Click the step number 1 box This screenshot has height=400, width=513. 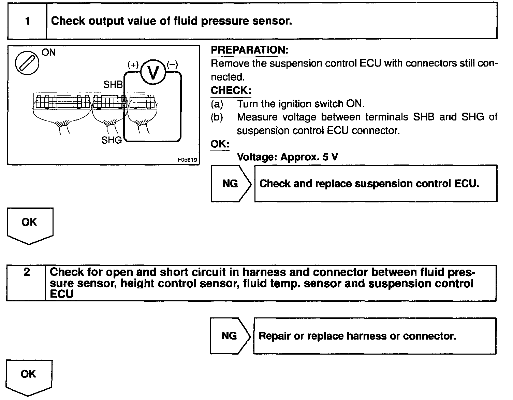[27, 22]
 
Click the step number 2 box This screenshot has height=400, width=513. [26, 283]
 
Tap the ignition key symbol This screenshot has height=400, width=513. [27, 63]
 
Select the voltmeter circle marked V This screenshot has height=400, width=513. [153, 72]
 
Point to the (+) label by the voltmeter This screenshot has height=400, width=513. [133, 65]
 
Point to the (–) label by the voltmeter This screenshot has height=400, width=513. [173, 65]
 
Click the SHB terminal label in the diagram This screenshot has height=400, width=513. [113, 84]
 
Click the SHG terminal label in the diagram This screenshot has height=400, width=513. [112, 140]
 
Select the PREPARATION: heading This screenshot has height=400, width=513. [249, 50]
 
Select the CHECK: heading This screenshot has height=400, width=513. [231, 90]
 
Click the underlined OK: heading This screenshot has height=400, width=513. [220, 144]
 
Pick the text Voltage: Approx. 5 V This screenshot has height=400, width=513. [288, 157]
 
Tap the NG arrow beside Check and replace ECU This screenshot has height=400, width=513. [231, 184]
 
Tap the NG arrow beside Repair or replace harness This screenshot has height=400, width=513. [230, 336]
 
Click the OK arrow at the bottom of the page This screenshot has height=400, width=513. [29, 376]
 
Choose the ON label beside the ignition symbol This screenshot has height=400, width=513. [48, 53]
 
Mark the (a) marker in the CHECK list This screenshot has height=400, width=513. [217, 104]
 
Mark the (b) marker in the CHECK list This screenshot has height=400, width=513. [217, 117]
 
